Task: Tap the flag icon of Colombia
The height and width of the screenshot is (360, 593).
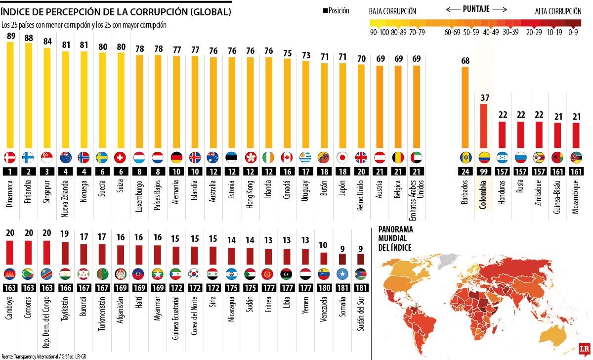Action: pos(484,157)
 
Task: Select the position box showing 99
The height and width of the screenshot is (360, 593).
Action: pos(484,171)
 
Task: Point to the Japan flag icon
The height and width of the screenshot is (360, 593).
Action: pos(340,157)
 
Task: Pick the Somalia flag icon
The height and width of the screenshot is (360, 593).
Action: pos(342,273)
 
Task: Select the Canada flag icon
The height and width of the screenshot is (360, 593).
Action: pos(287,157)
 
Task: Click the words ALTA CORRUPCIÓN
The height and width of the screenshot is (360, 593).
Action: pos(558,11)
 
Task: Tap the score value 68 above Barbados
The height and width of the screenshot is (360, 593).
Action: pos(465,61)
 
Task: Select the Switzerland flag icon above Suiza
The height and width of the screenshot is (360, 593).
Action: pos(120,157)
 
